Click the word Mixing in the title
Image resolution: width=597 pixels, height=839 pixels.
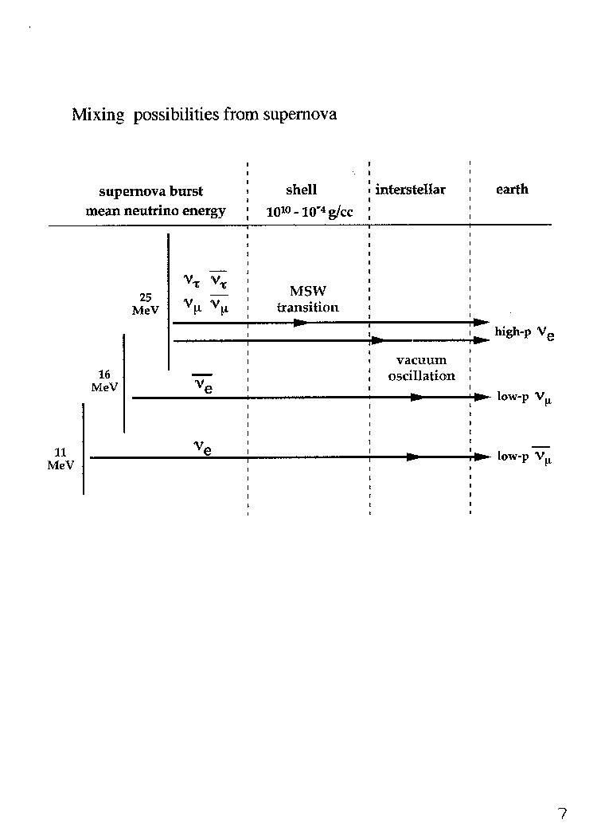click(x=98, y=115)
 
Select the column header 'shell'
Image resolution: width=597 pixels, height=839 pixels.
click(x=302, y=190)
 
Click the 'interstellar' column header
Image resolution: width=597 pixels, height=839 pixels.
click(x=410, y=190)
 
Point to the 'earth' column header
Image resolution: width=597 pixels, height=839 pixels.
click(x=512, y=190)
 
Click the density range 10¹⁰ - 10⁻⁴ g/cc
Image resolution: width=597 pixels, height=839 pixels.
click(x=310, y=212)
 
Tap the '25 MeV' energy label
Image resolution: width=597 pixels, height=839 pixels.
click(x=146, y=304)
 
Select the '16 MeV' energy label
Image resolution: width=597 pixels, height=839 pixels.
click(x=104, y=381)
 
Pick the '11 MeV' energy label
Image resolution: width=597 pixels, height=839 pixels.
click(x=60, y=459)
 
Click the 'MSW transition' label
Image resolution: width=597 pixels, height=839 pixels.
click(x=308, y=299)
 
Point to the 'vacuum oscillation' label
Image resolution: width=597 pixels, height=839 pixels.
click(x=422, y=368)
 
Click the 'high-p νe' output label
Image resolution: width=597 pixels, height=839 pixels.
click(x=525, y=333)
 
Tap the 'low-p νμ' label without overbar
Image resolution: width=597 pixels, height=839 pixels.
click(x=525, y=397)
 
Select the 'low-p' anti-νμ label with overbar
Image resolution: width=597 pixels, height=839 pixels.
click(x=525, y=456)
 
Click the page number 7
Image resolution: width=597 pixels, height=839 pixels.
click(x=562, y=814)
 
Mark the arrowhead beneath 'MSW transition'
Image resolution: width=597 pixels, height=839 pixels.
click(x=301, y=323)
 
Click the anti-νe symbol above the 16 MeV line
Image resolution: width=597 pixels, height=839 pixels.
click(x=202, y=384)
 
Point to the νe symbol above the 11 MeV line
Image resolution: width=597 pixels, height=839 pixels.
click(x=202, y=448)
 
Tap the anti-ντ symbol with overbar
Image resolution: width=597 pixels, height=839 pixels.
click(x=218, y=280)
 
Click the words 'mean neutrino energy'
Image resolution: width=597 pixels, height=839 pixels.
click(x=155, y=211)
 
